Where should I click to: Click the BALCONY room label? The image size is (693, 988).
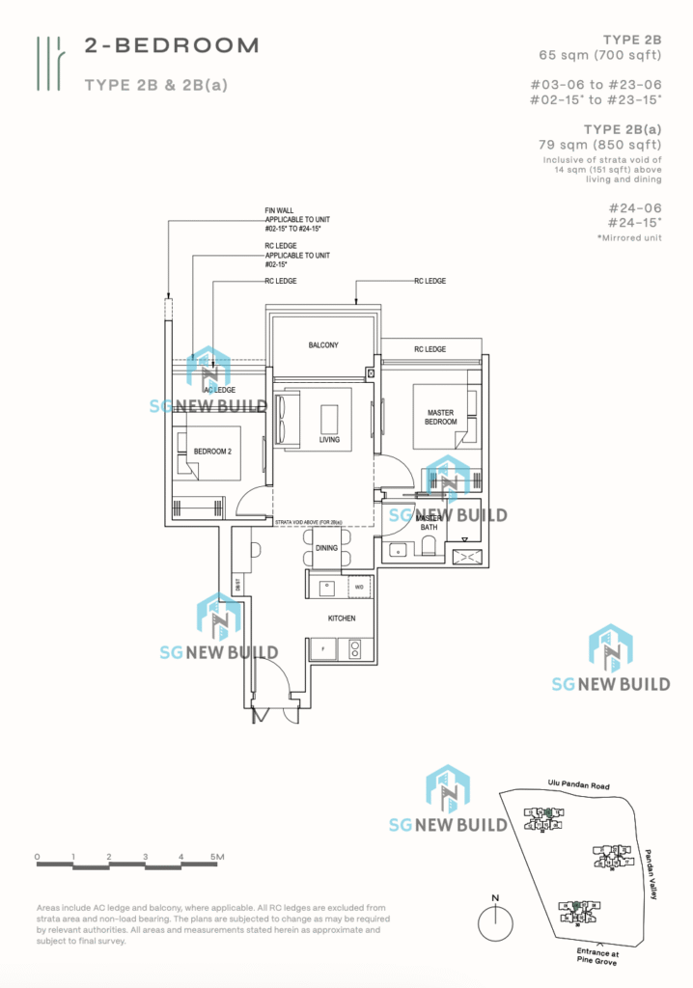click(323, 344)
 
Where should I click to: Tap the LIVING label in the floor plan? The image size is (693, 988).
click(331, 441)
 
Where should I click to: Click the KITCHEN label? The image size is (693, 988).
click(342, 618)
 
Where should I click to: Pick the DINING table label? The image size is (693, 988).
click(326, 548)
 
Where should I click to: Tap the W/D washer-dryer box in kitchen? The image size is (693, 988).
click(358, 586)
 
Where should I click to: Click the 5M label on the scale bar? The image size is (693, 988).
click(216, 857)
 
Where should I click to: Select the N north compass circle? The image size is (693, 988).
click(495, 922)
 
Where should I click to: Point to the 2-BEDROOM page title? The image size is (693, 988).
click(172, 44)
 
